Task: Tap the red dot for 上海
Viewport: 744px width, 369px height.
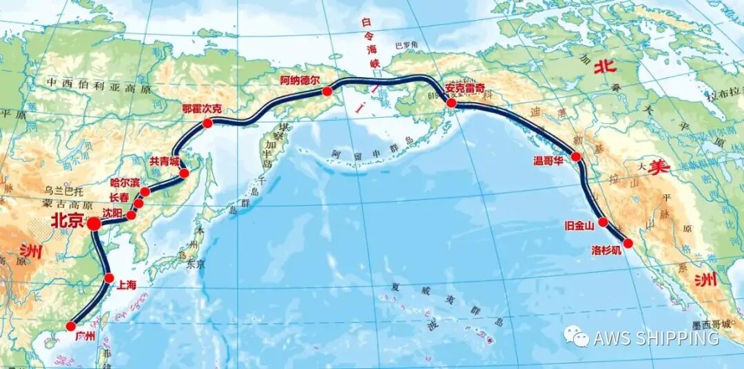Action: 109,278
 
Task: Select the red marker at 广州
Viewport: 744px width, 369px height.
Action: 71,326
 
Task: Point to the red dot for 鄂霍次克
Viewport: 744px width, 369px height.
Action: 207,123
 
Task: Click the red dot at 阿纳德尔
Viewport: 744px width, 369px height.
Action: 327,91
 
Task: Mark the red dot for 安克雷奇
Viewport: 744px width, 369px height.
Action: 451,103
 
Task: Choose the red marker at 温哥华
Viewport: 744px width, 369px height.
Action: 577,157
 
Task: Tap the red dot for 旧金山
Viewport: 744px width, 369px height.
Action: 603,222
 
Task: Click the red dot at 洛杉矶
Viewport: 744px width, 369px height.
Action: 628,243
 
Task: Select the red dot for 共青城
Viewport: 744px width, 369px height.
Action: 184,173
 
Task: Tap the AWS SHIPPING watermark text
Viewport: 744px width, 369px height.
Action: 656,338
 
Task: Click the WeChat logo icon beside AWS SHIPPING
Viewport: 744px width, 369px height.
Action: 576,337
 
